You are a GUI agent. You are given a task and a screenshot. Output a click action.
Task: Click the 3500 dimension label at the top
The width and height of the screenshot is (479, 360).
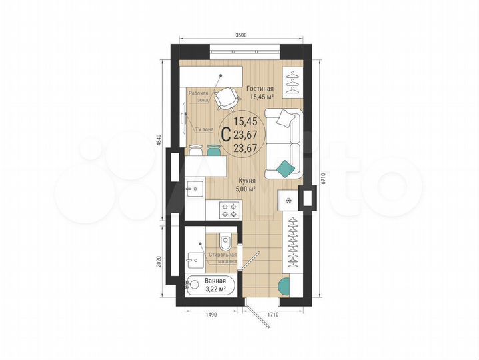pos(242,35)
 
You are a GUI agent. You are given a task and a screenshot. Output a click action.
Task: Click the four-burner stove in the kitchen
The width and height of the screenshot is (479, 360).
pos(231,210)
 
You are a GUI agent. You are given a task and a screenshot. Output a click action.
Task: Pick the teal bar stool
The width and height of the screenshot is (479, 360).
pos(213,152)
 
